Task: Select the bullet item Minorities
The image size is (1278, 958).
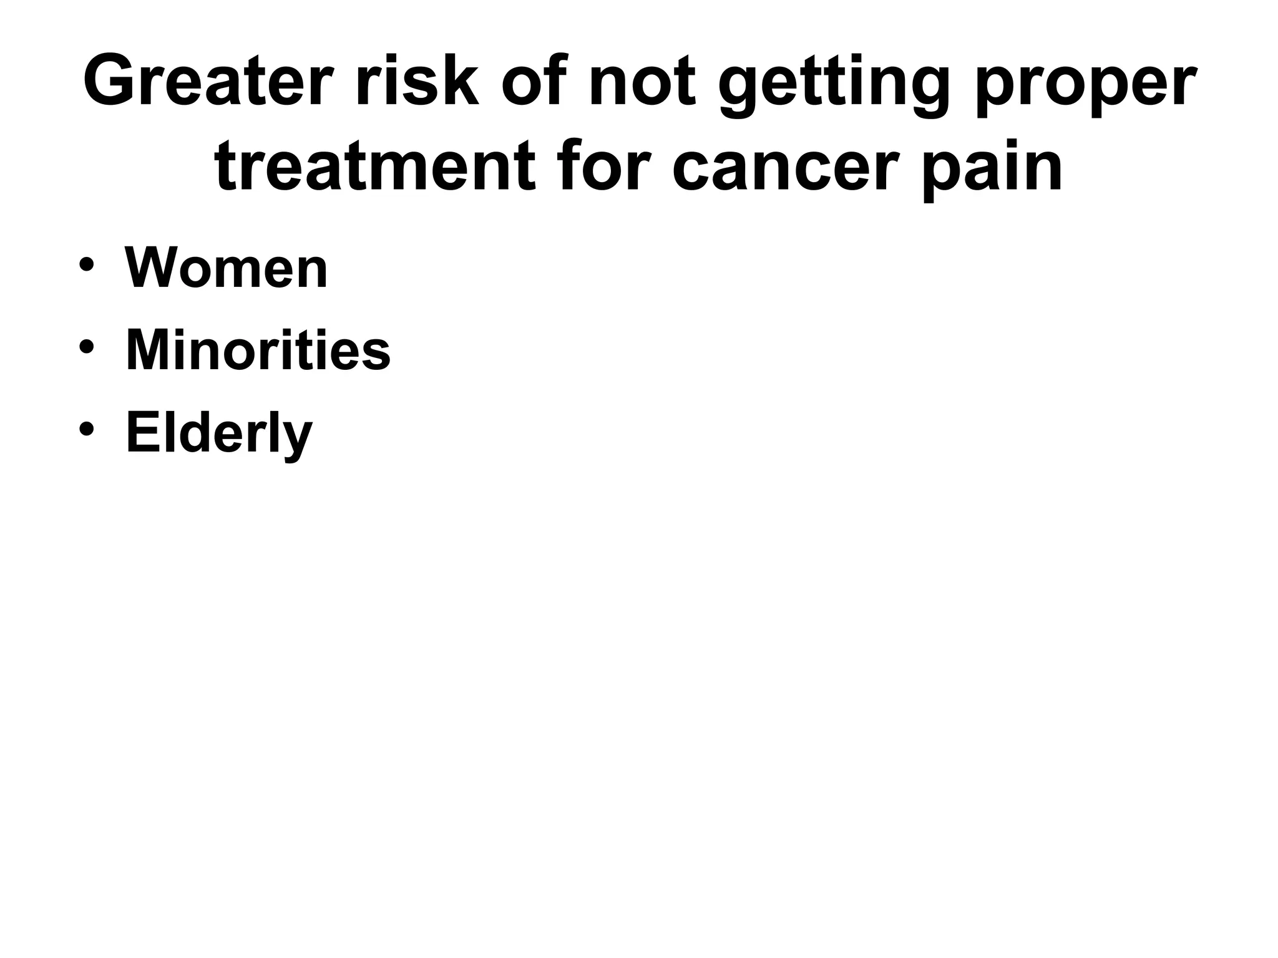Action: (x=258, y=351)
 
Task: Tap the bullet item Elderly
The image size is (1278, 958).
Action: (x=218, y=433)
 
